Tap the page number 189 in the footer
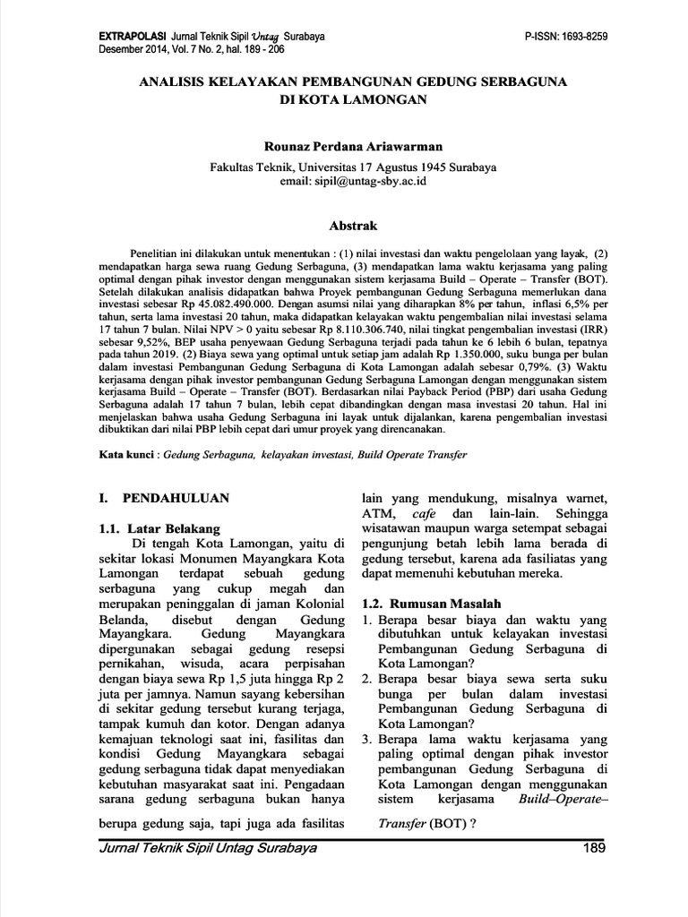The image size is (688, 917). click(595, 848)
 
